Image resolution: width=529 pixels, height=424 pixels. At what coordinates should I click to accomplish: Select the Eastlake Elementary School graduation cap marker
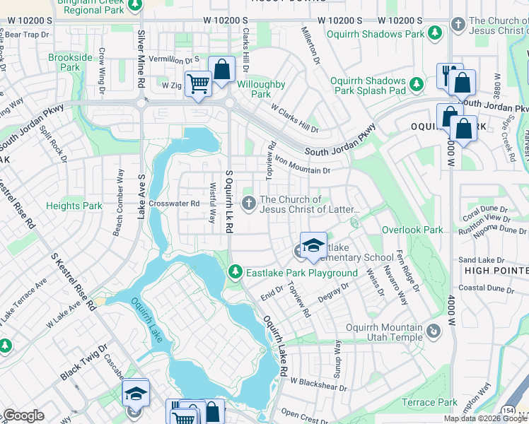313,245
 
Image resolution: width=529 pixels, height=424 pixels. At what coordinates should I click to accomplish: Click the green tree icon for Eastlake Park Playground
236,272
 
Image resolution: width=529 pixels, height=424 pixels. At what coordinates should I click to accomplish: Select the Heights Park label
74,206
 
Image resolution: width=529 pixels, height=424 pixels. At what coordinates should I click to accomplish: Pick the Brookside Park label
70,61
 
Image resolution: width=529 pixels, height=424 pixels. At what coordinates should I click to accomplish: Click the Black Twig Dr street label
83,363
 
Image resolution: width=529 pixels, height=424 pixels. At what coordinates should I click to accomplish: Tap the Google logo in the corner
23,416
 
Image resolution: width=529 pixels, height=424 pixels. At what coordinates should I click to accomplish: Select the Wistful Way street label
211,203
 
